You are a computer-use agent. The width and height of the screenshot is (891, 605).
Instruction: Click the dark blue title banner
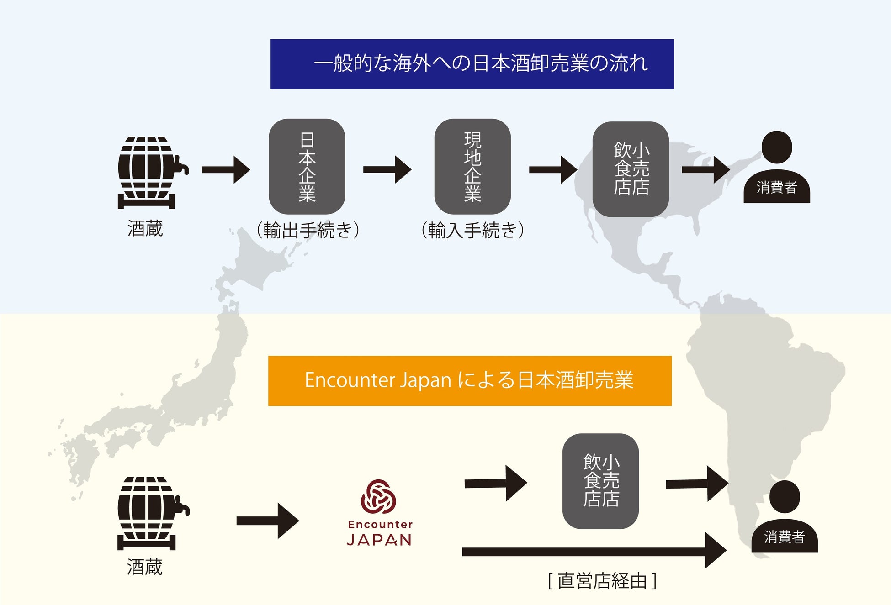pos(472,64)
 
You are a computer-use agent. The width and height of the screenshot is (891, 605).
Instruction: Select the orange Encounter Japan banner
pos(470,381)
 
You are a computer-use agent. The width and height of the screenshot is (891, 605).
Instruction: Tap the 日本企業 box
pos(307,167)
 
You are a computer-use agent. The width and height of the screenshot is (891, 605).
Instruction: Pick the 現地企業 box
pos(472,167)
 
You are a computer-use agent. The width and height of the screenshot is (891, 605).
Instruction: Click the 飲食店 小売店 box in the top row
pos(631,169)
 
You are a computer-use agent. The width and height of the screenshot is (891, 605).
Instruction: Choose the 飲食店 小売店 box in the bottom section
pos(600,481)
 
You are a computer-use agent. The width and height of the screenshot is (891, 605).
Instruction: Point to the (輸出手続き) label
pos(308,230)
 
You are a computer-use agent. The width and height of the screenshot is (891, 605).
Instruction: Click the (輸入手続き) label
pos(472,230)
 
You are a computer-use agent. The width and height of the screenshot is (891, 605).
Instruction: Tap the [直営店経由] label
pos(602,581)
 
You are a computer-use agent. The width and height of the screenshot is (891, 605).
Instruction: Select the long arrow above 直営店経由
pos(594,551)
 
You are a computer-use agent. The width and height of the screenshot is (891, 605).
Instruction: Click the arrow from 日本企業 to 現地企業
pos(387,169)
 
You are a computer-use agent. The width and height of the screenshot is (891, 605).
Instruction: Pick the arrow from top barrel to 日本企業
pos(226,170)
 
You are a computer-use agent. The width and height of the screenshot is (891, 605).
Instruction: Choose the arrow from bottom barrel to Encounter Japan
pos(267,521)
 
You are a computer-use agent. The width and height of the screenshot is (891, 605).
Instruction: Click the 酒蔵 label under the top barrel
pos(145,228)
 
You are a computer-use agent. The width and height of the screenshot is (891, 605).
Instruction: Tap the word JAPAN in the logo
pos(379,540)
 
